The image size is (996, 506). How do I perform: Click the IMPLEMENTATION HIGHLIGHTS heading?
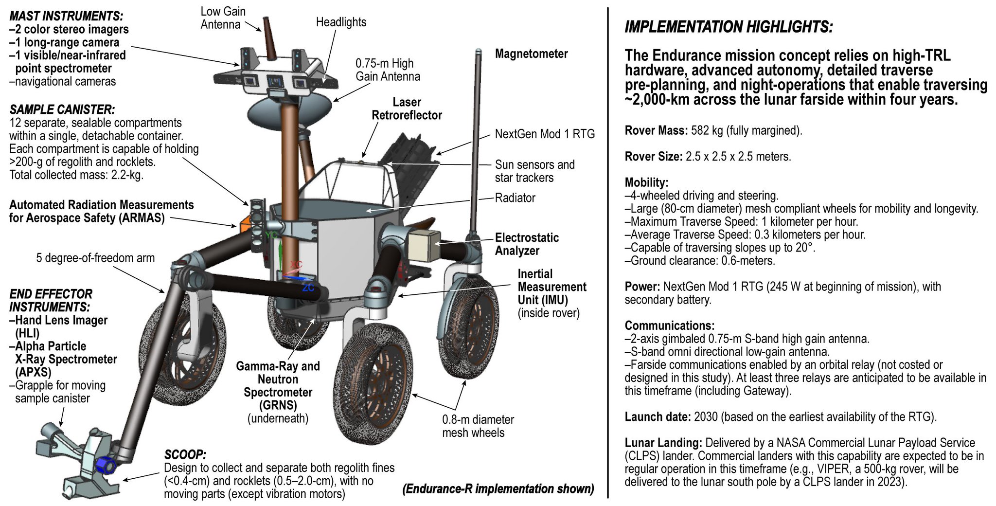(728, 27)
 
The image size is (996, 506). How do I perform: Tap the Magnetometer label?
(531, 54)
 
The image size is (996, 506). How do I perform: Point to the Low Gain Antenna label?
(223, 18)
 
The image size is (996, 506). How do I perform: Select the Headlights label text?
(341, 22)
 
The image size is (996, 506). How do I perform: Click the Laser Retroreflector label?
(407, 109)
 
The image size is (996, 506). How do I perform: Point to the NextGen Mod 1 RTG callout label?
(545, 134)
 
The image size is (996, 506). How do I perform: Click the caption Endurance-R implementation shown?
(498, 489)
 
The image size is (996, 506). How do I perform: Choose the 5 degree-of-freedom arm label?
(95, 258)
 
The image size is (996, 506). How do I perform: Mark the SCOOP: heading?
(185, 455)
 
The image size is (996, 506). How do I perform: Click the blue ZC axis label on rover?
(308, 288)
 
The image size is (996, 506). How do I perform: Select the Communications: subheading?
(670, 325)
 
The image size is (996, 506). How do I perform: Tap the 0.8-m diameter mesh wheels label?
(478, 426)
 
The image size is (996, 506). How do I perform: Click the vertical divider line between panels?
(608, 253)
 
